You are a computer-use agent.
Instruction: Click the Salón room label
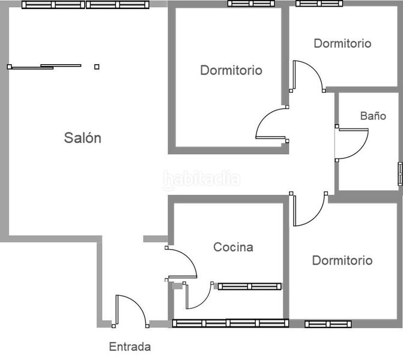tap(83, 137)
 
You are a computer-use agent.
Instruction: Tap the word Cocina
tap(234, 247)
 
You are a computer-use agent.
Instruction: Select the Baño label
tap(373, 116)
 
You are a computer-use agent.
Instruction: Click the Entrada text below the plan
tap(130, 346)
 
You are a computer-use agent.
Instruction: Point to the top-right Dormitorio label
tap(342, 43)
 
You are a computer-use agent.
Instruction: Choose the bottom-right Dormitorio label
tap(342, 260)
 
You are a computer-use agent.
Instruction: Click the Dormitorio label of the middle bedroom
tap(231, 70)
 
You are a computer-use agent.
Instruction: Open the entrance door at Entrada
tap(129, 309)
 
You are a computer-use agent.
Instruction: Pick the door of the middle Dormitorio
tap(271, 125)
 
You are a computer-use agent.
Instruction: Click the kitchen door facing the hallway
tap(181, 263)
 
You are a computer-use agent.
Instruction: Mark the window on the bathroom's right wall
tap(400, 174)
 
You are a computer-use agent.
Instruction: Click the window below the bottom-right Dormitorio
tap(327, 324)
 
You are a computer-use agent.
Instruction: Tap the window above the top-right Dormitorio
tap(320, 3)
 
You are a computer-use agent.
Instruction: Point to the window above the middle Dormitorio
tap(251, 3)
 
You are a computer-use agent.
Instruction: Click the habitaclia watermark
tap(202, 179)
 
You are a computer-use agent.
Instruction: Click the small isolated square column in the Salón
tap(97, 67)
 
